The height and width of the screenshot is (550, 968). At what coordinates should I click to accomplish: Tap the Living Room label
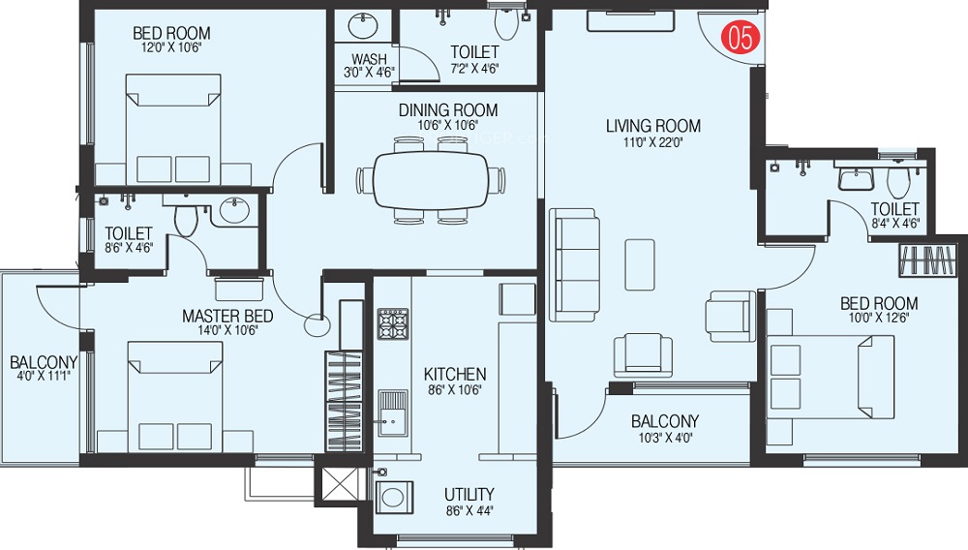(653, 126)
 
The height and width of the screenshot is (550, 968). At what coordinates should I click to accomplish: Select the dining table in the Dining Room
(432, 181)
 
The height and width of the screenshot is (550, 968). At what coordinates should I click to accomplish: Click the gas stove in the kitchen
(393, 323)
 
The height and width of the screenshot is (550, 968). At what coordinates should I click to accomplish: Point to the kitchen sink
(393, 412)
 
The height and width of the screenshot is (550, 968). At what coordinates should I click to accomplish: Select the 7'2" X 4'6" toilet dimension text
(474, 69)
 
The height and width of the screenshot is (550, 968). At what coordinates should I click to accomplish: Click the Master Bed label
(227, 316)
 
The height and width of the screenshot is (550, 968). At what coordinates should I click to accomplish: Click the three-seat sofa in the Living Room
(574, 264)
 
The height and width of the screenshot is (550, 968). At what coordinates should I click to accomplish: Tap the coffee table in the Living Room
(640, 264)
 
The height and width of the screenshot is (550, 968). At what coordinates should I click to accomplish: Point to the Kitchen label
(455, 374)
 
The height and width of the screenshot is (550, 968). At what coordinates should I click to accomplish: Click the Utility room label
(469, 495)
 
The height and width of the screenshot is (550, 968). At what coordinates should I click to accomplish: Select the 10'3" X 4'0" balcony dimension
(665, 439)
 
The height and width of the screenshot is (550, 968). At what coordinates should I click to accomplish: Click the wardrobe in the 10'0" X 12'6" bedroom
(927, 260)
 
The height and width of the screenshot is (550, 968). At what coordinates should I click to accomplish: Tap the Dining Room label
(448, 110)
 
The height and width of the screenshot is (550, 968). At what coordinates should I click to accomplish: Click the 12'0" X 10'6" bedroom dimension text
(171, 47)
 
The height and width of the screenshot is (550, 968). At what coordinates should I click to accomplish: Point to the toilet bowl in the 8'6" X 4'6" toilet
(186, 219)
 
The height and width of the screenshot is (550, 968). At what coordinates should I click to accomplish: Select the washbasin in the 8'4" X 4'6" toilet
(856, 178)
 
